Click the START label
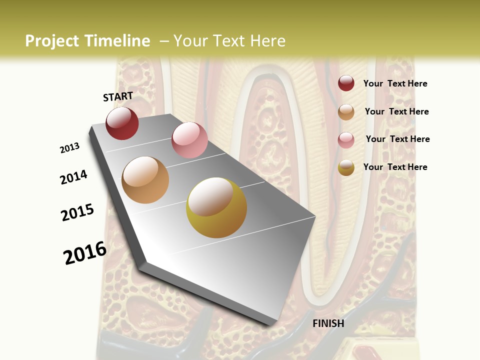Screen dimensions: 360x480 (x=118, y=96)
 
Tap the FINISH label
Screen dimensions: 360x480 (x=328, y=323)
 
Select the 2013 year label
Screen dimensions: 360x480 (x=69, y=148)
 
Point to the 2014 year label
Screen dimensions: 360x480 (x=73, y=177)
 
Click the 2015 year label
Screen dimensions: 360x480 (x=77, y=212)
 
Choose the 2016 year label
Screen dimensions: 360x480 (x=85, y=253)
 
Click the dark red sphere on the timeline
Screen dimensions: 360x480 (x=122, y=123)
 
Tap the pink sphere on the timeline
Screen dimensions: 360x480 (x=189, y=139)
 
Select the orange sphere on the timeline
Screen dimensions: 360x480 (x=145, y=179)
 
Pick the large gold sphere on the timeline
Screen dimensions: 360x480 (x=216, y=207)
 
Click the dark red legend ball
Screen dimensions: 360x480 (x=346, y=83)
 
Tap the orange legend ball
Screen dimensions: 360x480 (x=346, y=112)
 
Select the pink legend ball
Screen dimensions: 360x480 (x=346, y=139)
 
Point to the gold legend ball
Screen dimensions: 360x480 (x=346, y=167)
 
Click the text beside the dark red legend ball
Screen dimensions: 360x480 (x=395, y=83)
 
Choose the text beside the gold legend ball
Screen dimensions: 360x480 (x=395, y=167)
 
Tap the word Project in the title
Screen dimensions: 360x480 (x=52, y=41)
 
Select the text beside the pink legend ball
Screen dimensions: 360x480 (x=397, y=139)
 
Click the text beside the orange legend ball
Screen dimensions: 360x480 (x=396, y=111)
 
